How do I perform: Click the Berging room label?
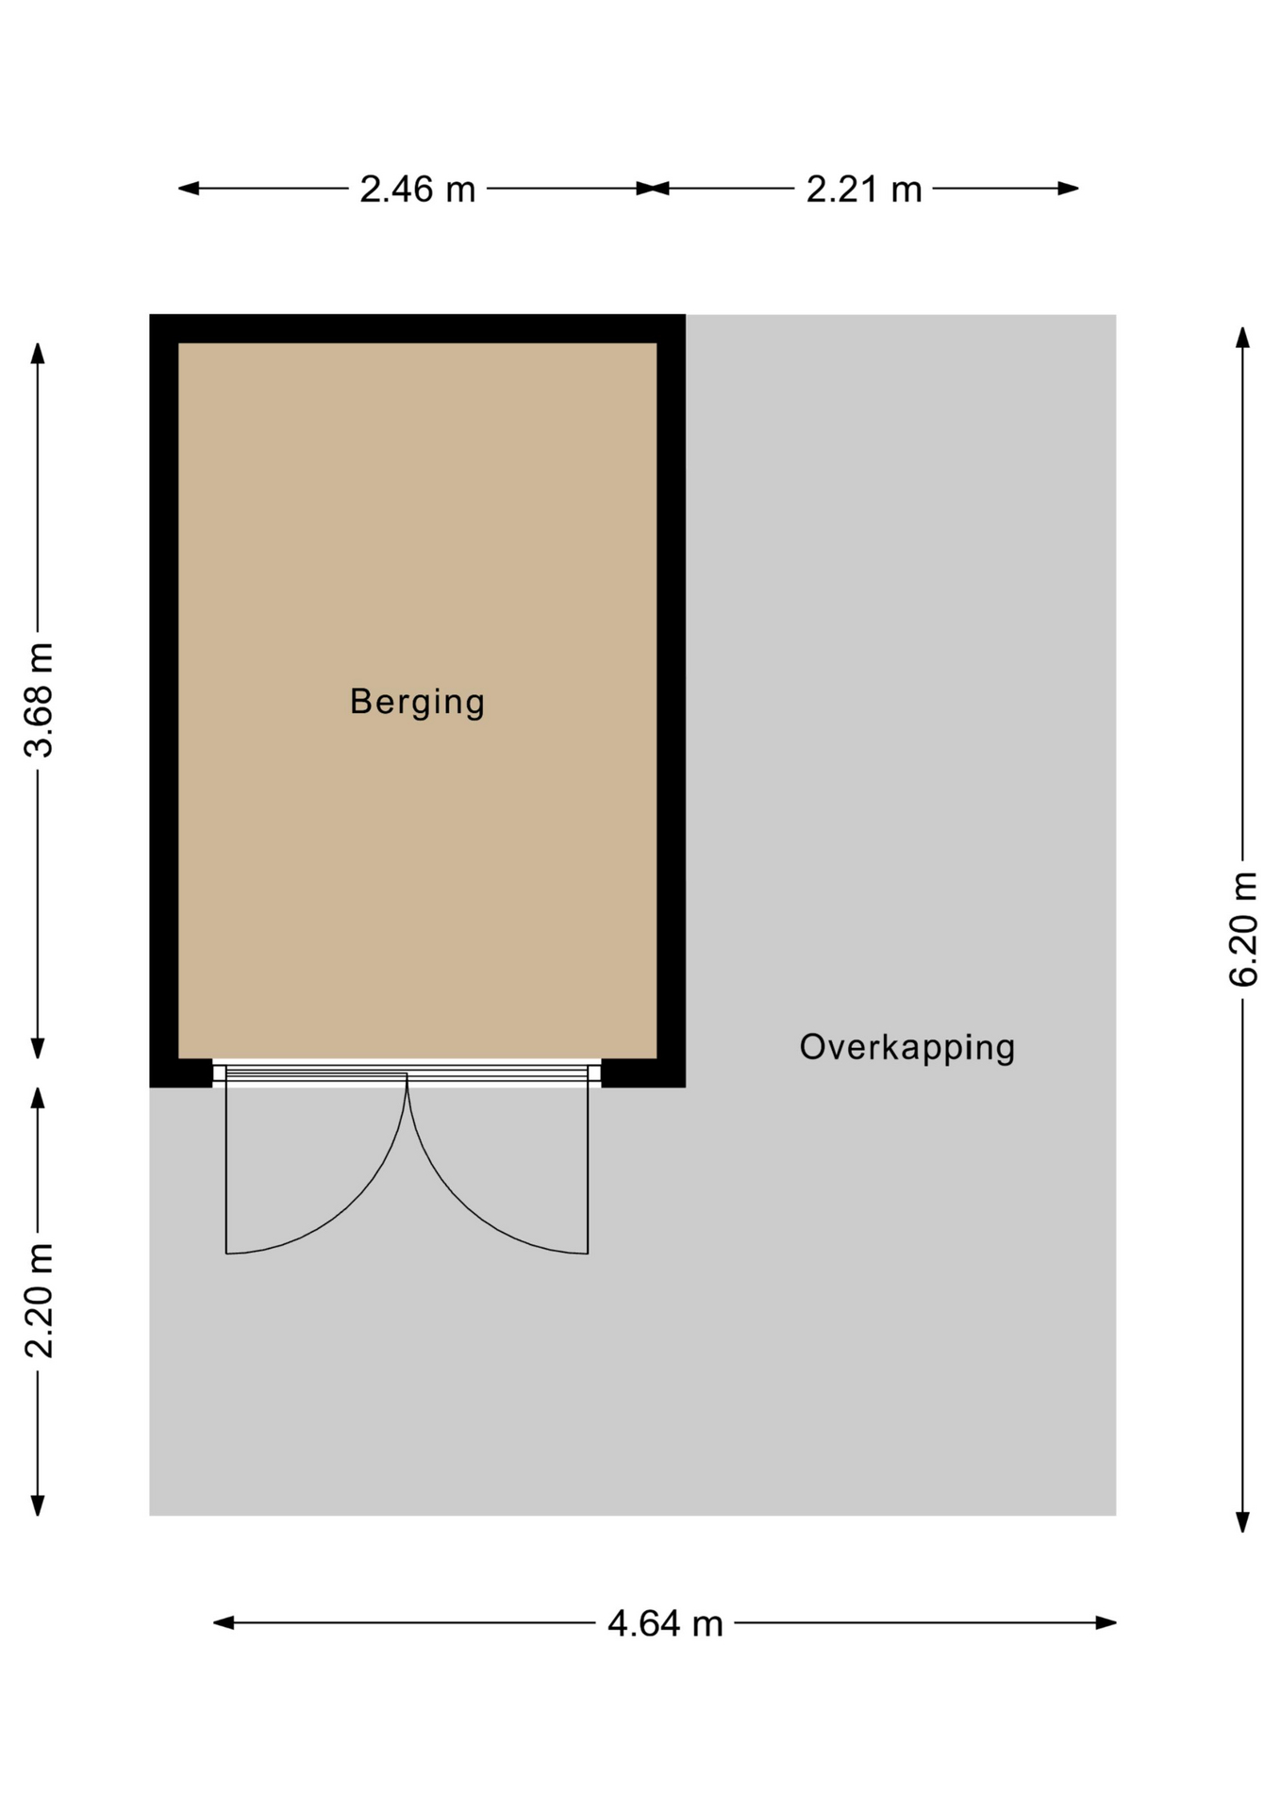pos(417,703)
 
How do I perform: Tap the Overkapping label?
pos(907,1048)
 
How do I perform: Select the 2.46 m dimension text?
pos(417,190)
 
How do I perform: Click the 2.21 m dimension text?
pos(863,190)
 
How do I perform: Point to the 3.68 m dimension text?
pos(40,700)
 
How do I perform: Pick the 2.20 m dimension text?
pos(40,1301)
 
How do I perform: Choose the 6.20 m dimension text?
pos(1243,930)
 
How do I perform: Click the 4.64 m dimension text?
pos(665,1623)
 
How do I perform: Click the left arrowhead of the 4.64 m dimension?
pos(224,1622)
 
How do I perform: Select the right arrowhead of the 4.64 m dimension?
pos(1106,1622)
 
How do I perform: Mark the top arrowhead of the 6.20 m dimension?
pos(1243,338)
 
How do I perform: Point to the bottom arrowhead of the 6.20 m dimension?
pos(1243,1521)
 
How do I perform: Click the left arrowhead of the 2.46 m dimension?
pos(189,188)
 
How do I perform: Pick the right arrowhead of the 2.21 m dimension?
pos(1068,188)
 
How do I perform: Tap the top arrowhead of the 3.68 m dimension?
pos(38,353)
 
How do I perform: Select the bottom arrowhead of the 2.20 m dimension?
pos(38,1505)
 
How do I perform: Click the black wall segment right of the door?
pos(642,1073)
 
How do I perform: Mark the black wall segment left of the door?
pos(181,1073)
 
